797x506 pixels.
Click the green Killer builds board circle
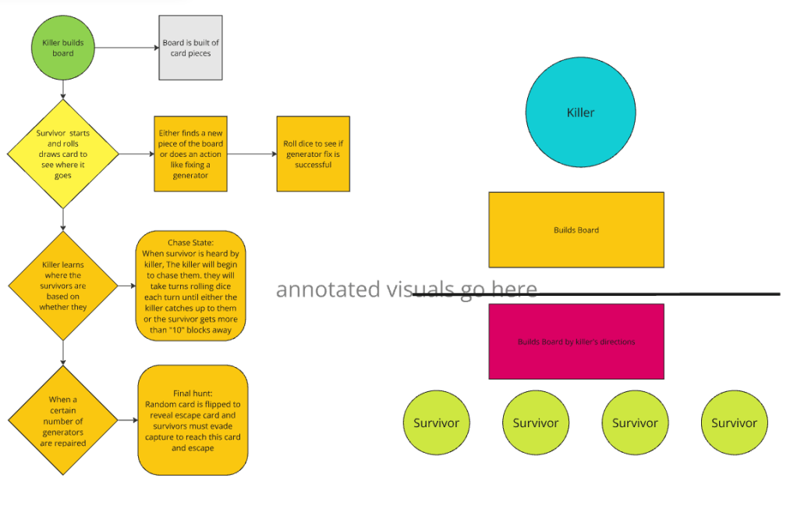63,48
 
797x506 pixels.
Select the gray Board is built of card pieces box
191,48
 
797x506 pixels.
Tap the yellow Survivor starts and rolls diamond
63,154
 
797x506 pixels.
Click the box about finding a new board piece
191,154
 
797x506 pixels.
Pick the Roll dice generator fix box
313,154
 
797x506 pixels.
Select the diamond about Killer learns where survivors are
63,286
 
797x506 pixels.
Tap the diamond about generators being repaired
63,421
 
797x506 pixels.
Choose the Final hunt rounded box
193,420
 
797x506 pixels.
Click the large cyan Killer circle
580,112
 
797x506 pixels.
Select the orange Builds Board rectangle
576,230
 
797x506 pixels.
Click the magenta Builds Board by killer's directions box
576,341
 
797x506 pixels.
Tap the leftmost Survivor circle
437,422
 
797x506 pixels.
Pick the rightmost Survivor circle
734,422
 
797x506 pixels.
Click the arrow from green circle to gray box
127,48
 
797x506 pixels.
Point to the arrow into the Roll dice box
252,154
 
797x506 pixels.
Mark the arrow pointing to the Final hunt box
127,421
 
